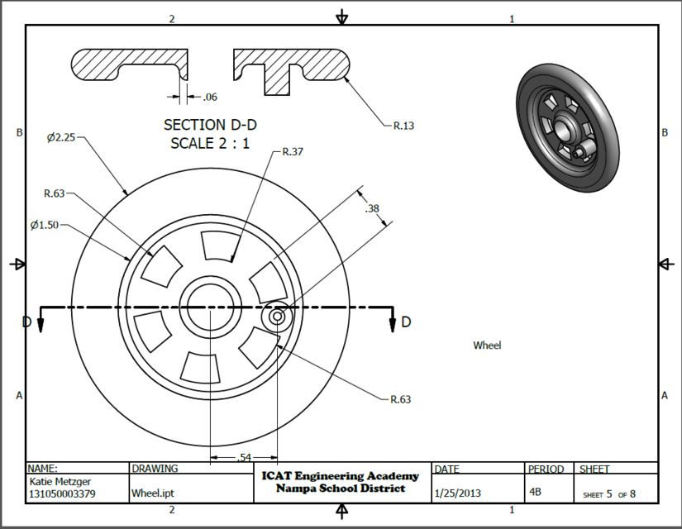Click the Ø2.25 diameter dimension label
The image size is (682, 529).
[61, 137]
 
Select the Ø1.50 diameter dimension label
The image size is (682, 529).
[45, 225]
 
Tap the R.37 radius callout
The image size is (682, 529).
[293, 152]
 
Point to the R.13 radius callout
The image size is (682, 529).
[403, 126]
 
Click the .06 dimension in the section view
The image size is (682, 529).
[209, 98]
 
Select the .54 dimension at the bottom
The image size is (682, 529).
[244, 457]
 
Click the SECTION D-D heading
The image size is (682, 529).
[210, 125]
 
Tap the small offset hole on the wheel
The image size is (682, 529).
[277, 317]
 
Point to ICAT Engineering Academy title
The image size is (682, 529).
[341, 476]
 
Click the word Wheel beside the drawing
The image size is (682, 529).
[487, 346]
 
